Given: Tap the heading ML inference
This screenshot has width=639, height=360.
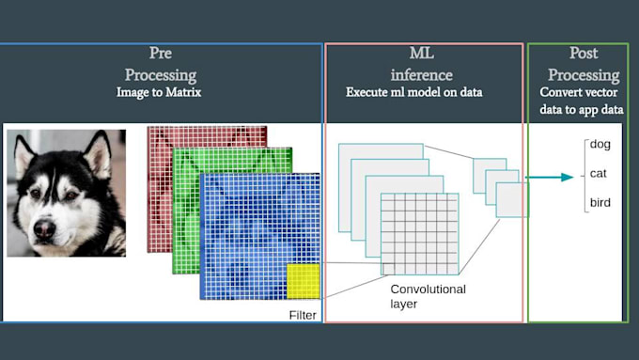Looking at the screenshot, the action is tap(422, 64).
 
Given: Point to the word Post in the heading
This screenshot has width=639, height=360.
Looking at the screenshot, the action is tap(584, 55).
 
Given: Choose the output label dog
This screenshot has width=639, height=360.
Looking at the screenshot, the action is tap(598, 144).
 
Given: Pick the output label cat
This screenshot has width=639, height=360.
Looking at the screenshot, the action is tap(597, 173).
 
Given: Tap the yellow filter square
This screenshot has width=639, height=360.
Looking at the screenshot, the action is tap(304, 281).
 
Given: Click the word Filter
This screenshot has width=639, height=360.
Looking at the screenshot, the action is tap(303, 315).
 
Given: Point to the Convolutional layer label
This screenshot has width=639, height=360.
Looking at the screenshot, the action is tap(428, 297).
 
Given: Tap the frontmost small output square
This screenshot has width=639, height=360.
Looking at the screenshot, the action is tap(511, 199).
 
